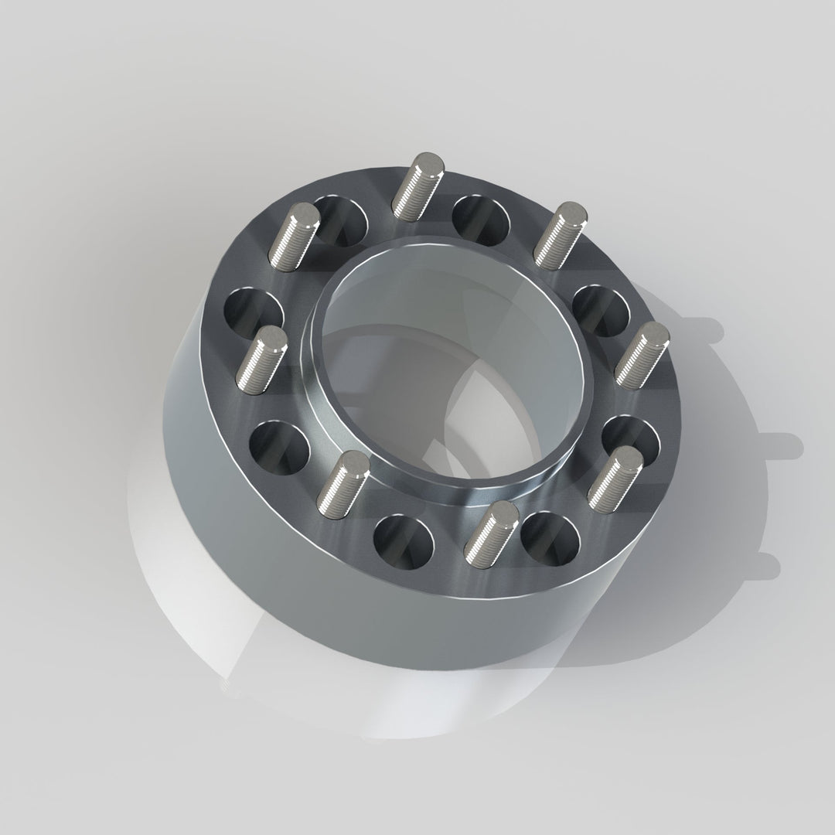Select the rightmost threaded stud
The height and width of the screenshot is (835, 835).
pos(642,353)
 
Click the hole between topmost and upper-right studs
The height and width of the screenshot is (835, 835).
pos(481,219)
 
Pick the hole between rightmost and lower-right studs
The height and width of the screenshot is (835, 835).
pos(631,441)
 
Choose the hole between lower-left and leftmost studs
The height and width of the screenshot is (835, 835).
pos(280,448)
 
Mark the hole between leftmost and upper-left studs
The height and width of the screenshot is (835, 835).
pos(254,312)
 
